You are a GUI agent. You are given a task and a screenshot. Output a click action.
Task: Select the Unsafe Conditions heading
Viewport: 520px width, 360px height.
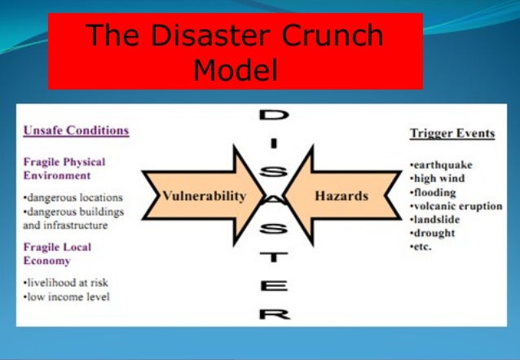[76, 130]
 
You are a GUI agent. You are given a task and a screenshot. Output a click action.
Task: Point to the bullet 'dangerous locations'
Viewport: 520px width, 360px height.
[73, 197]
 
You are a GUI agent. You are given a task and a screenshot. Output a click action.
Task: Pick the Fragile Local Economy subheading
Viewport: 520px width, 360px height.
[57, 253]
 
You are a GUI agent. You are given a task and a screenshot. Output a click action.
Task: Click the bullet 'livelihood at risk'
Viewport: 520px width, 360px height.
[67, 282]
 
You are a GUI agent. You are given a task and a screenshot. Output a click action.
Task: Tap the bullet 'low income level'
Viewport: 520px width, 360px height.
[67, 296]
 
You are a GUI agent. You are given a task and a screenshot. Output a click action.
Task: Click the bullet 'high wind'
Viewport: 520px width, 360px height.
[438, 178]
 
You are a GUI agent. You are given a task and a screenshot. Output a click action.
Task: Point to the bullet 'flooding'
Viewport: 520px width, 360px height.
[434, 192]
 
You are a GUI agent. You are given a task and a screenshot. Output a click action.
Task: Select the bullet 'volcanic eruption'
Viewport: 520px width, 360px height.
[455, 206]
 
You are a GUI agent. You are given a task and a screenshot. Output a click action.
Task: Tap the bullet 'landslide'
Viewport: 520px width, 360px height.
[435, 219]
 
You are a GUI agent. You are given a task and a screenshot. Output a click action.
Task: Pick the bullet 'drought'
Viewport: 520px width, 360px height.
[433, 233]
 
